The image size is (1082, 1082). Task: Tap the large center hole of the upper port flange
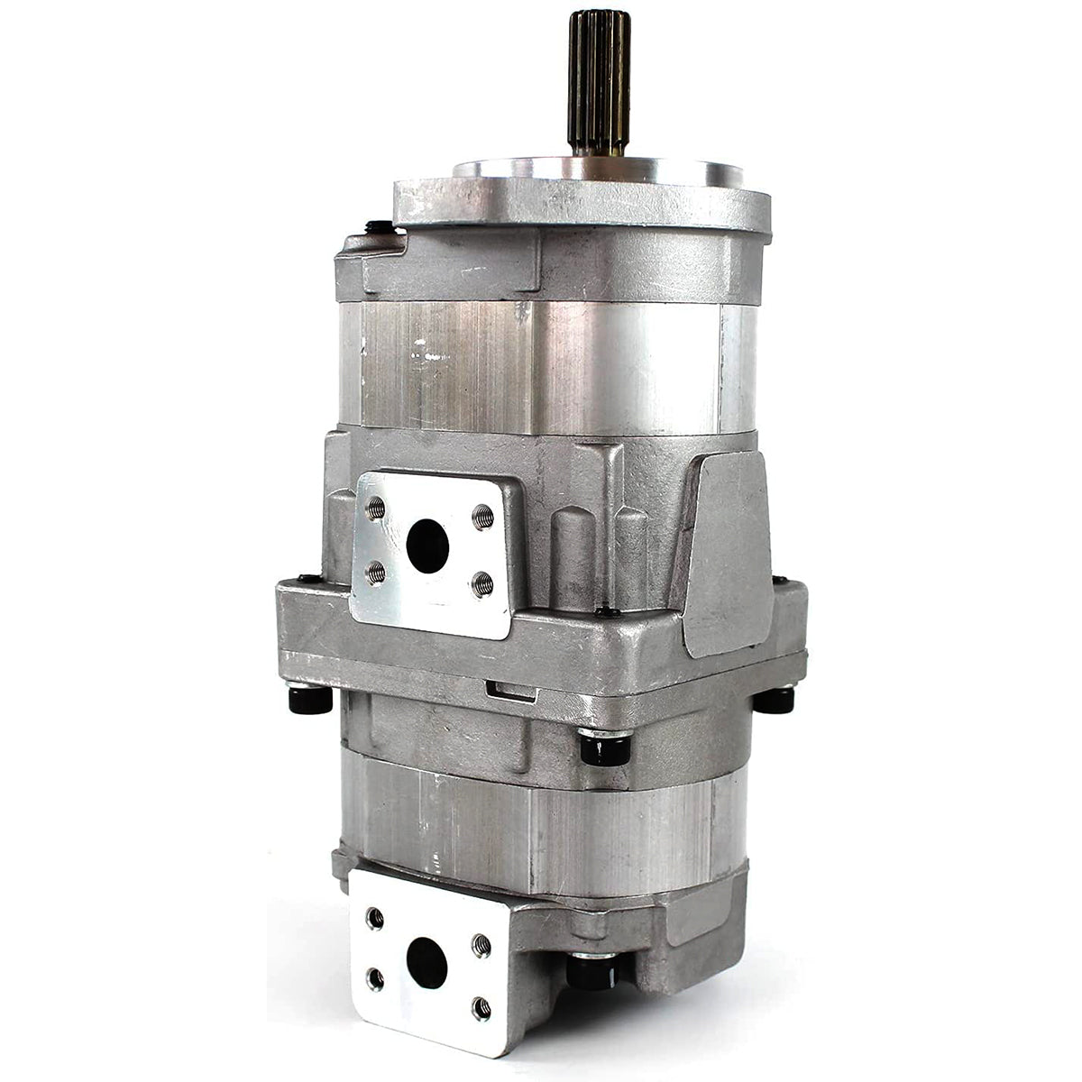427,546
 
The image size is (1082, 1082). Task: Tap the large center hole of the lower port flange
426,962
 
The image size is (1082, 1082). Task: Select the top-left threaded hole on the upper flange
376,509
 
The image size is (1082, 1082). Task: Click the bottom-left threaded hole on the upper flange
376,571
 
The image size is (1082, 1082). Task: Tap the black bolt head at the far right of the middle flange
773,700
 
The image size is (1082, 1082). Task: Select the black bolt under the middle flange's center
604,747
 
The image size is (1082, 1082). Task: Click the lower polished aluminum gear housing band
541,825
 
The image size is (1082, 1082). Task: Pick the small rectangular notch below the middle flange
511,692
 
